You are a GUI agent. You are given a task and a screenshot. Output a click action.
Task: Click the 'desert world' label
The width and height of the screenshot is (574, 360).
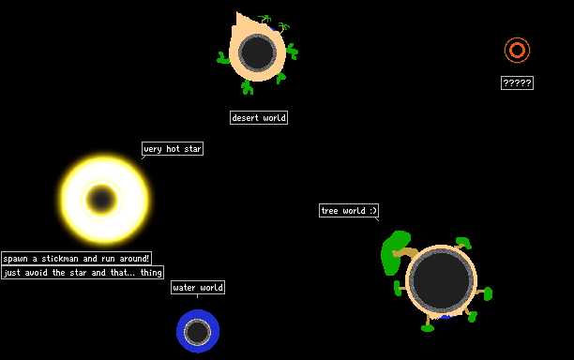(259, 118)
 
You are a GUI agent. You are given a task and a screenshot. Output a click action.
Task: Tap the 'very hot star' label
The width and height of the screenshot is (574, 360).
(173, 148)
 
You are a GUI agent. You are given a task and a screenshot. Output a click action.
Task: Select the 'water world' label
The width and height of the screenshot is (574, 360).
(198, 288)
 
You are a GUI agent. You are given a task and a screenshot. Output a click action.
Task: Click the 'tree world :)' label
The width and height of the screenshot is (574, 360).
(349, 210)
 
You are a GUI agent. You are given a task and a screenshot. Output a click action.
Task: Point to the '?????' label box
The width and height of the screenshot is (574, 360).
(517, 83)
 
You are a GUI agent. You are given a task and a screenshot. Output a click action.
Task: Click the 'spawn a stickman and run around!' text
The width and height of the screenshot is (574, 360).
(76, 259)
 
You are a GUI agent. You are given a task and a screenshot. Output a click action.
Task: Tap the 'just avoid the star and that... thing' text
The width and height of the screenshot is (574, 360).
(83, 273)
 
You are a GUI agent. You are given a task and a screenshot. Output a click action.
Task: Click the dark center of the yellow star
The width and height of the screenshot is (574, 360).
(101, 200)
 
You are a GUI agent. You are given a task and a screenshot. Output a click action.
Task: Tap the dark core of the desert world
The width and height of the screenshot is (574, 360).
(257, 52)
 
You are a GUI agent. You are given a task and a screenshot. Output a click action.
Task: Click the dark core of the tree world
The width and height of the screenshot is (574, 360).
(441, 280)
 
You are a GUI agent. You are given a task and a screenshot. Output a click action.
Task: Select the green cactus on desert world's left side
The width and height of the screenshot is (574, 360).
(222, 58)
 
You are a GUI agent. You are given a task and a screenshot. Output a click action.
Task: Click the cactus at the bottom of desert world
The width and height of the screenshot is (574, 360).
(248, 87)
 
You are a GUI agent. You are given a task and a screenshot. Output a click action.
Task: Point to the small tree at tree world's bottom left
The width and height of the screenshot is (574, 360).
(428, 325)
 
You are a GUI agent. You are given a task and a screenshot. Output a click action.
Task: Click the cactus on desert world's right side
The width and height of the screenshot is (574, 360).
(292, 52)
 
